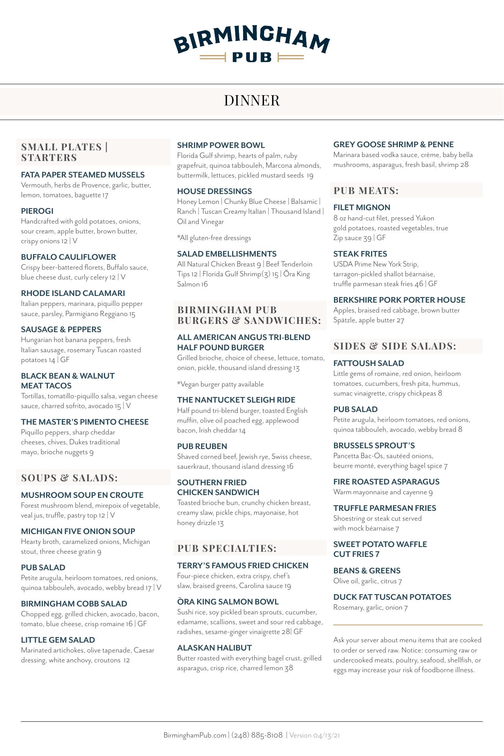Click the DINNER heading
pyautogui.click(x=252, y=101)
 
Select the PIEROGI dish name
pyautogui.click(x=37, y=211)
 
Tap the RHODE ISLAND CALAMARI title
pyautogui.click(x=73, y=293)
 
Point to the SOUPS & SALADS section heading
pyautogui.click(x=69, y=478)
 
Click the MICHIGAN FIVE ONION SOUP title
pyautogui.click(x=78, y=531)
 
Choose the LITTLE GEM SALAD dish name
pyautogui.click(x=58, y=640)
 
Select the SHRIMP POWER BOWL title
pyautogui.click(x=221, y=145)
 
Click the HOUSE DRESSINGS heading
pyautogui.click(x=214, y=191)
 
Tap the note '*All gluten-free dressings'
pyautogui.click(x=214, y=238)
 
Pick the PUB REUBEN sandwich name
pyautogui.click(x=202, y=446)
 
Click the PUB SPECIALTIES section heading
pyautogui.click(x=227, y=548)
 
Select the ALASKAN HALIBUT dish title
pyautogui.click(x=214, y=648)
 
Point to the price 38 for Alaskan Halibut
pyautogui.click(x=289, y=668)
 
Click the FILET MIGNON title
pyautogui.click(x=362, y=207)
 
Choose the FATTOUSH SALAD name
pyautogui.click(x=369, y=363)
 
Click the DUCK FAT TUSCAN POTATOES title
pyautogui.click(x=392, y=597)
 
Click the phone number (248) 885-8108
pyautogui.click(x=257, y=735)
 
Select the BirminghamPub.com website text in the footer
pyautogui.click(x=195, y=735)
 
